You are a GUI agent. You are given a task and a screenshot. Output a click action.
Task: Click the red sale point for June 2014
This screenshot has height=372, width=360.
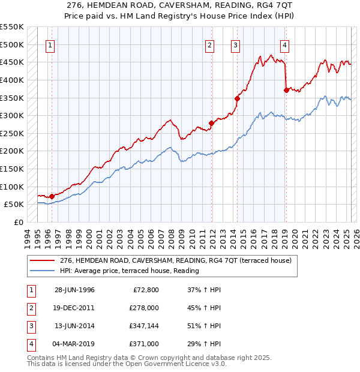coord(237,98)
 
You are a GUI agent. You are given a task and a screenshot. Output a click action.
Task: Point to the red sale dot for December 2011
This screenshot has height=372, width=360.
coord(211,123)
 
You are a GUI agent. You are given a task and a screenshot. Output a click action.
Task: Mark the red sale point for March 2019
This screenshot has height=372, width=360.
coord(286,90)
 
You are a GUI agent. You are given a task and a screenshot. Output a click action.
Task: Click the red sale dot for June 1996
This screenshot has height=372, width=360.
coord(52,196)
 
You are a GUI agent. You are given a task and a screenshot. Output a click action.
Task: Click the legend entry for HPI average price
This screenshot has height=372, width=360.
coord(129,271)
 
